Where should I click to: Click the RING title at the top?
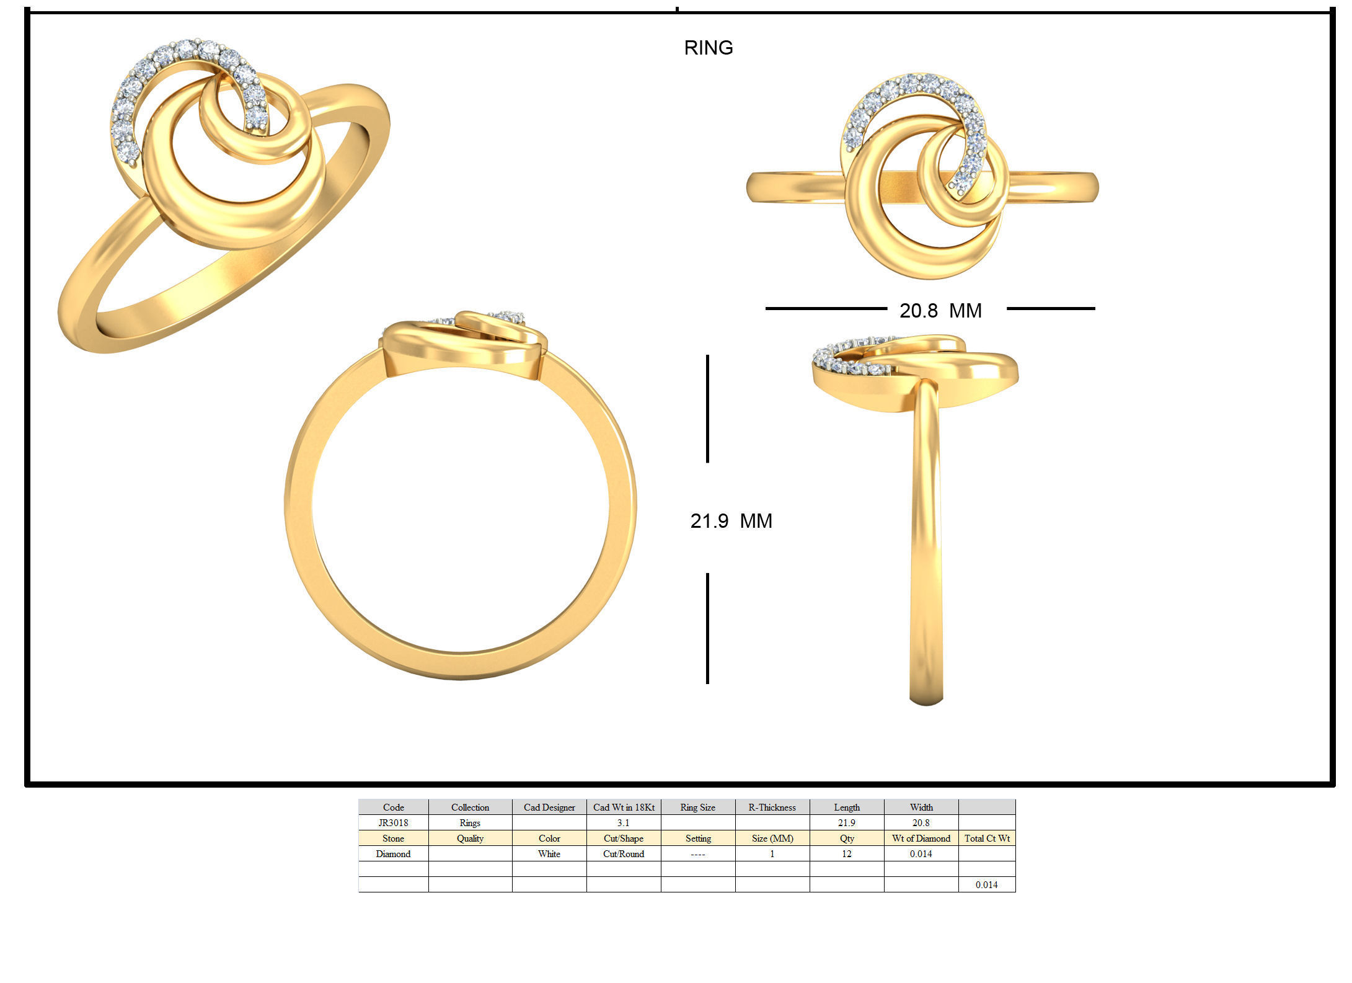pyautogui.click(x=708, y=48)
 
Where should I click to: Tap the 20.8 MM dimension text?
pyautogui.click(x=940, y=310)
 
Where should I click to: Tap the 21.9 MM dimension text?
pyautogui.click(x=731, y=520)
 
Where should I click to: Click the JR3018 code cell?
pyautogui.click(x=393, y=822)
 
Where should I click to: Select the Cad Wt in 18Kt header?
pyautogui.click(x=623, y=807)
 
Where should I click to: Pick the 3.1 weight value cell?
pyautogui.click(x=623, y=822)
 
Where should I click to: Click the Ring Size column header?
pyautogui.click(x=697, y=807)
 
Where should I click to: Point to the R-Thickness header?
pyautogui.click(x=772, y=807)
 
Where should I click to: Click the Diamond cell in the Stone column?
pyautogui.click(x=393, y=853)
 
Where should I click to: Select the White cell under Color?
pyautogui.click(x=549, y=853)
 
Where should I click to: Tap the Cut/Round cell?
pyautogui.click(x=623, y=853)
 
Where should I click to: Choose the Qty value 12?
pyautogui.click(x=846, y=853)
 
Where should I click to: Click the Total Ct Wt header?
pyautogui.click(x=986, y=838)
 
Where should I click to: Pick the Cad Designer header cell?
pyautogui.click(x=549, y=807)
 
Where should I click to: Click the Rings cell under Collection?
pyautogui.click(x=470, y=822)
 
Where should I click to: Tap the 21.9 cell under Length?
pyautogui.click(x=846, y=822)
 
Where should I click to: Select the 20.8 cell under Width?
pyautogui.click(x=921, y=822)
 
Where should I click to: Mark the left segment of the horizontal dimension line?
pyautogui.click(x=826, y=308)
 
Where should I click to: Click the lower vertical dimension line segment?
pyautogui.click(x=707, y=628)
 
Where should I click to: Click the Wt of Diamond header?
pyautogui.click(x=921, y=838)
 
